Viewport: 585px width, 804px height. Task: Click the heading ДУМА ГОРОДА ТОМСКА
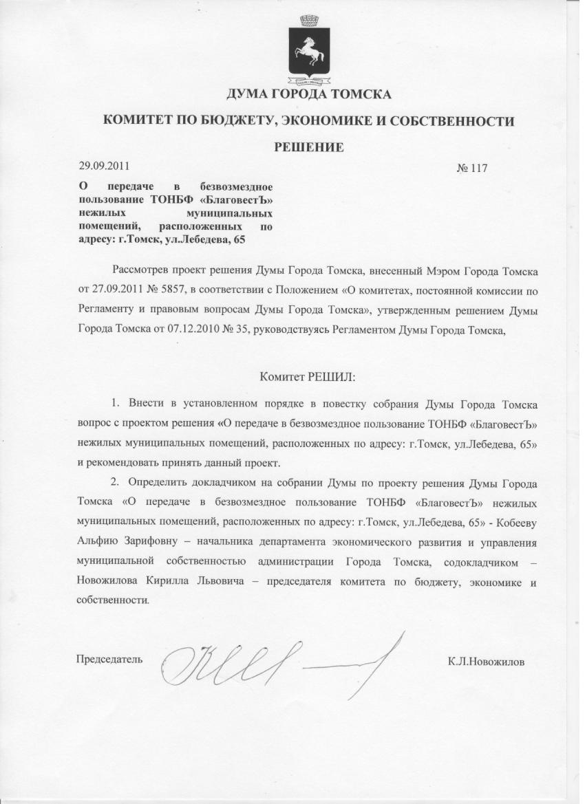tap(309, 94)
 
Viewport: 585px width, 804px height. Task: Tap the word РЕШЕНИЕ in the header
tap(309, 146)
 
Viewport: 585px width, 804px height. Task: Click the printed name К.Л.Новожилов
tap(486, 662)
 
